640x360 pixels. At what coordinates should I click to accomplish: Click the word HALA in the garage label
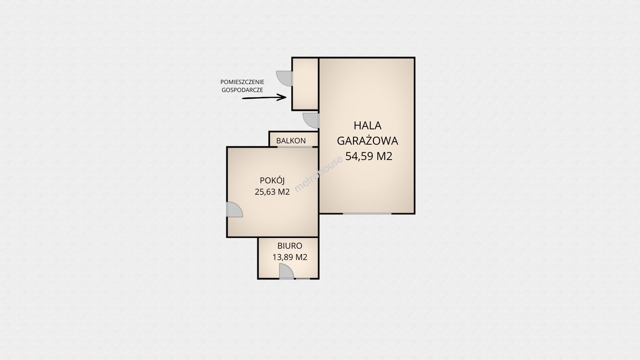tap(367, 126)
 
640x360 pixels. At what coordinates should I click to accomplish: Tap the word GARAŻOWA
tap(367, 141)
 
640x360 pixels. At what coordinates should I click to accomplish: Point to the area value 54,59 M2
tap(369, 156)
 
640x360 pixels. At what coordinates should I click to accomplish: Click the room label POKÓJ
tap(272, 180)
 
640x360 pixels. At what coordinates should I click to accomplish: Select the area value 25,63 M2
tap(272, 192)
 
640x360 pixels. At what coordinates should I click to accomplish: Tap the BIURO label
tap(290, 246)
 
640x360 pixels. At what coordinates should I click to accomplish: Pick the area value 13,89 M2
tap(290, 257)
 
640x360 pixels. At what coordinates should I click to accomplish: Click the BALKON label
tap(291, 141)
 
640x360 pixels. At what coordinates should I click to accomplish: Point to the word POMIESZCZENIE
tap(242, 82)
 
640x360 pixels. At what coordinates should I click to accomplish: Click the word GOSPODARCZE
tap(242, 90)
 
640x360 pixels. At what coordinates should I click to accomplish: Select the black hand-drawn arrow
tap(264, 98)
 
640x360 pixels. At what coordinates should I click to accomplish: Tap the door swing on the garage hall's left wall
tap(311, 120)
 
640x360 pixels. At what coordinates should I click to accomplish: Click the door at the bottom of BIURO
tap(286, 271)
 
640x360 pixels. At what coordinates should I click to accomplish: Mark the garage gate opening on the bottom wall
tap(367, 213)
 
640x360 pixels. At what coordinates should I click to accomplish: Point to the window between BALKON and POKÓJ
tap(295, 147)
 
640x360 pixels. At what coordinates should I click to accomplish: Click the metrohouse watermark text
tap(319, 174)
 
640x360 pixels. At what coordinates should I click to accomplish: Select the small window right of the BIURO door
tap(303, 279)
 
